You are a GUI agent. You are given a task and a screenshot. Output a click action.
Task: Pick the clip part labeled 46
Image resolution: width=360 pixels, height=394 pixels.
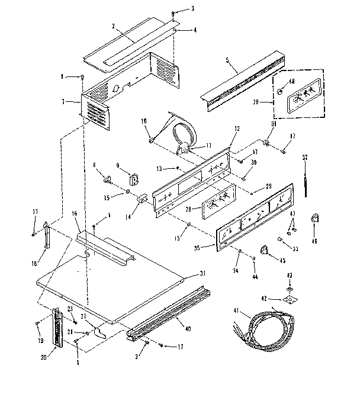tap(314, 220)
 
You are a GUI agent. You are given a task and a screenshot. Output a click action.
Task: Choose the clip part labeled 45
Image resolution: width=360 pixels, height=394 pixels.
tap(265, 252)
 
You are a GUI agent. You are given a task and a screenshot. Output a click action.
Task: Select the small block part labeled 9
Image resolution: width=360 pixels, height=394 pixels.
tap(133, 178)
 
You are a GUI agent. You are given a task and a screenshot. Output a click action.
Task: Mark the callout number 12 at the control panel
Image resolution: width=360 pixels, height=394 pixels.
tap(237, 129)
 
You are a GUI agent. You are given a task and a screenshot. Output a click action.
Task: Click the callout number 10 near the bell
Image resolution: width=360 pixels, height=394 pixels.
tap(144, 121)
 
